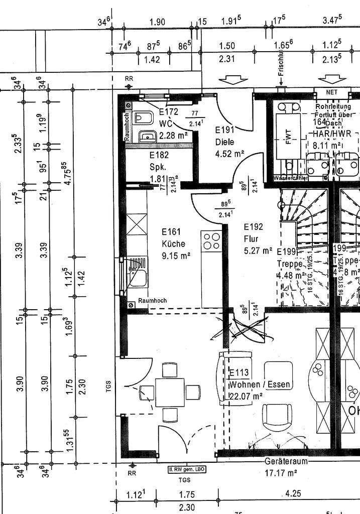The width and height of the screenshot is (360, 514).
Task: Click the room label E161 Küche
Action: tap(174, 237)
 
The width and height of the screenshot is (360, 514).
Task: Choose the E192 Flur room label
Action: tap(253, 232)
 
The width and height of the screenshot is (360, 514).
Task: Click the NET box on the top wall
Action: tap(331, 92)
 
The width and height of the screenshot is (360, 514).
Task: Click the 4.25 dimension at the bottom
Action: tap(294, 494)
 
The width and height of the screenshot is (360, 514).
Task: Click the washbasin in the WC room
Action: tap(147, 136)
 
